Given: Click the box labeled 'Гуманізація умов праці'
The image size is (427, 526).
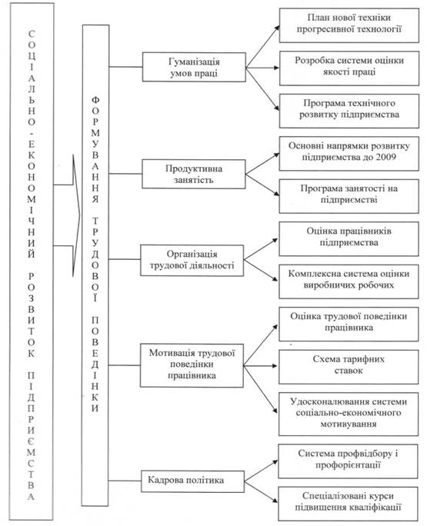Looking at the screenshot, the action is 194,67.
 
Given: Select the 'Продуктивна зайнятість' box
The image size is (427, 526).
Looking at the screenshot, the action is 194,174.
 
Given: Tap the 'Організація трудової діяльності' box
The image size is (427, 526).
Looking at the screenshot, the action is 192,261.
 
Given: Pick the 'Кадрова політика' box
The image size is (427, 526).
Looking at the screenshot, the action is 192,481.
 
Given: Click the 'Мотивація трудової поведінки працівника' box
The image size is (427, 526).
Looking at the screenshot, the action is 192,365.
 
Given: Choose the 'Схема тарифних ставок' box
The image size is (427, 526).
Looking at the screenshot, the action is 349,367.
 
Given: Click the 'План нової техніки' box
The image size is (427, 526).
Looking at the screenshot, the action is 349,25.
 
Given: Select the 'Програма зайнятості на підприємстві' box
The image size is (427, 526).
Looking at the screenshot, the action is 349,196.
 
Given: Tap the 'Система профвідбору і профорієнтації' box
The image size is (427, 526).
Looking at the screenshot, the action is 348,461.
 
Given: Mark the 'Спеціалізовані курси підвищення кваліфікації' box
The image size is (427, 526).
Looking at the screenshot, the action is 348,504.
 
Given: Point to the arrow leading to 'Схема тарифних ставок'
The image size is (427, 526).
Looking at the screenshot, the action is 261,365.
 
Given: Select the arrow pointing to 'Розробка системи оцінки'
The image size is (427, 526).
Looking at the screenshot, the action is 262,68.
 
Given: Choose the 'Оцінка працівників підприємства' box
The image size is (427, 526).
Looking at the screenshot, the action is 349,239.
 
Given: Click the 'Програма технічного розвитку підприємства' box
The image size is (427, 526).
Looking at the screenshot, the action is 349,111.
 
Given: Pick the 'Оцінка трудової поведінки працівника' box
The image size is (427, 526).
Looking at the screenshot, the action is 349,325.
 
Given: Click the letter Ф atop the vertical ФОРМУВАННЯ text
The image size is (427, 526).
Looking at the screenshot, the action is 95,100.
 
